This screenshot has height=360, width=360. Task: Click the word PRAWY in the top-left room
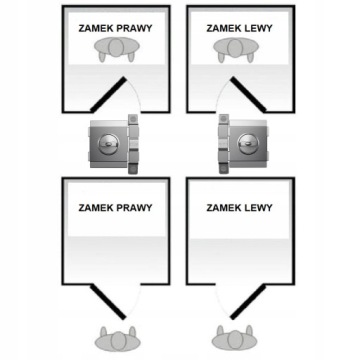(x=134, y=28)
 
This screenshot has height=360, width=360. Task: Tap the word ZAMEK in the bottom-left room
(x=96, y=208)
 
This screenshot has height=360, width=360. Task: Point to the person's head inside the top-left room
(x=116, y=47)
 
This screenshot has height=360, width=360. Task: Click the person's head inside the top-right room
(x=235, y=47)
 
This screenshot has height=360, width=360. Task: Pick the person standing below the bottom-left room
(x=118, y=339)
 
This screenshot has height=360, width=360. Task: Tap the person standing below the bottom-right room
(x=235, y=339)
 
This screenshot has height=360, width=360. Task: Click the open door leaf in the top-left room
(x=108, y=94)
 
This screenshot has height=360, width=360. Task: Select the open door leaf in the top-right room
(x=248, y=94)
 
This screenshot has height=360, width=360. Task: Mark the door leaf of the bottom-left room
(x=108, y=301)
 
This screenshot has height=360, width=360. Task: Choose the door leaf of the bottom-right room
(x=248, y=301)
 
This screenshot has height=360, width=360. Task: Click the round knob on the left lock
(x=108, y=144)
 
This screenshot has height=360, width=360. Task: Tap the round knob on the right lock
(x=248, y=144)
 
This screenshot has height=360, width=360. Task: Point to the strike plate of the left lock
(x=133, y=144)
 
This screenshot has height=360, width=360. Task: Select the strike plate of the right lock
(x=224, y=144)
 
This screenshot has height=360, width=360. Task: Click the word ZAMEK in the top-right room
(x=223, y=28)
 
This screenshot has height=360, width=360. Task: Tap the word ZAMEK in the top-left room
(x=96, y=28)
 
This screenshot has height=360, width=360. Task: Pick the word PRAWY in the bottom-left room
(x=134, y=208)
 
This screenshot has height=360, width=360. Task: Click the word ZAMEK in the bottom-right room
(x=223, y=208)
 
